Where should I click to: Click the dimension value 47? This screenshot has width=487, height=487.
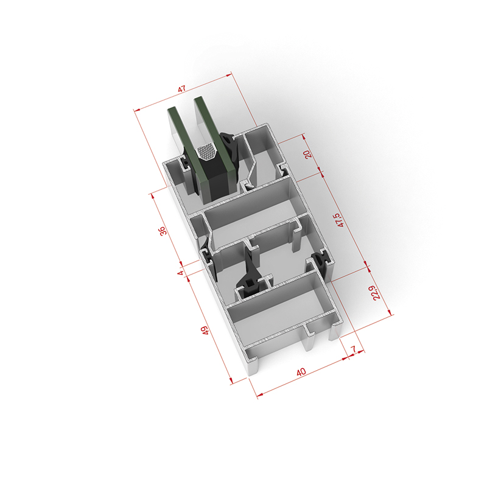pos(181,89)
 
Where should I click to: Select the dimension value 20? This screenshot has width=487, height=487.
pos(308,154)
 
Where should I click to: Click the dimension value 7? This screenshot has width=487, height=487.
pos(354,349)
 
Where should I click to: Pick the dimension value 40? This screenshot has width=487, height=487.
pos(301,372)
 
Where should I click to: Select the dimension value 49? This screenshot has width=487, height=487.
pos(205,330)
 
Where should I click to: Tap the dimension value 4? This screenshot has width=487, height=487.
pos(180,273)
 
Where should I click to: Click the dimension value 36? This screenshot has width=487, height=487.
pos(163,231)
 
